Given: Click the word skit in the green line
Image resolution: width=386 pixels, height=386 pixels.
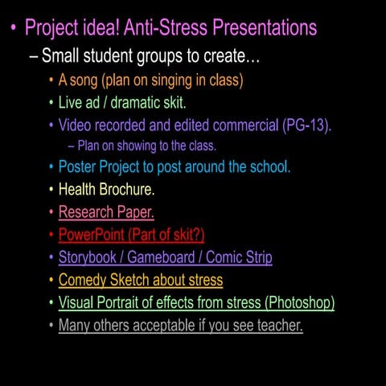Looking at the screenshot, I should pos(171,103).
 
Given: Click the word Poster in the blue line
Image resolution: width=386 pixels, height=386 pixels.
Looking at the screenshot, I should pos(80,167).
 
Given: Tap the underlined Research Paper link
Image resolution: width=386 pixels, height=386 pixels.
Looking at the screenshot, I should pos(106,212).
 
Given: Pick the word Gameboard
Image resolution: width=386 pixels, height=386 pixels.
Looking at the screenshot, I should pos(166,257).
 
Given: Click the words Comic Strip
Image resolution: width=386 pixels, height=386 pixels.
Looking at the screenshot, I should pos(240,257).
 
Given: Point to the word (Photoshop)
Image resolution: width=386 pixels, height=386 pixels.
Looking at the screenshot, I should pos(299,302).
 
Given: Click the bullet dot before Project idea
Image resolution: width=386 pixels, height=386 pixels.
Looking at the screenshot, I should pos(13,31).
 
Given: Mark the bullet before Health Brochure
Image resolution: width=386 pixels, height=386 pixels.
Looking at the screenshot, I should pos(51,191).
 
